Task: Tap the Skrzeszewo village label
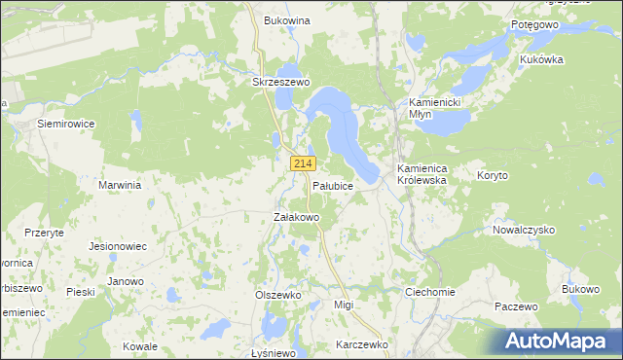coord(280,83)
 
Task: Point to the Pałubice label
coord(332,185)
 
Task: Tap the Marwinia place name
coord(121,184)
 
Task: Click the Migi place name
coord(343,305)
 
